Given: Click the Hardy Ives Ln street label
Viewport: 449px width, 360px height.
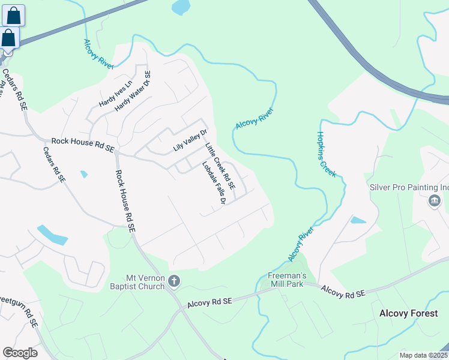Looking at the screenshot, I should tap(115, 94).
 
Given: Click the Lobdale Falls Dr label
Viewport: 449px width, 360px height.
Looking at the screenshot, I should tap(213, 183).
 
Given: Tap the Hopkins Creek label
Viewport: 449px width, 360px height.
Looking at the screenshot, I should tap(327, 154).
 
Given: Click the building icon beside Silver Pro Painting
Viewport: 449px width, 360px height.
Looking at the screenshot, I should tap(434, 200).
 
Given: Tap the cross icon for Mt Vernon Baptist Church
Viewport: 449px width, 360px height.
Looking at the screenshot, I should tap(174, 281).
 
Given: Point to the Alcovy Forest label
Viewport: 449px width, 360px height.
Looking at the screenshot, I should tap(414, 313).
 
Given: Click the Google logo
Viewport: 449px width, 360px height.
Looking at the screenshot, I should tap(20, 353).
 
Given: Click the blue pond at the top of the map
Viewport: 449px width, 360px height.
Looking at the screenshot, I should tap(180, 7).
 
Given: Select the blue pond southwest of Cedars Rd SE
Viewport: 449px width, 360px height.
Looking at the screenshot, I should tap(52, 235).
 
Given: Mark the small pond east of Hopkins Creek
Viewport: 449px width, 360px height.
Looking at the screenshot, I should tap(357, 220).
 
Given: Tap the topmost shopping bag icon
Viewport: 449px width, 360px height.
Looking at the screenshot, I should tap(13, 16).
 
